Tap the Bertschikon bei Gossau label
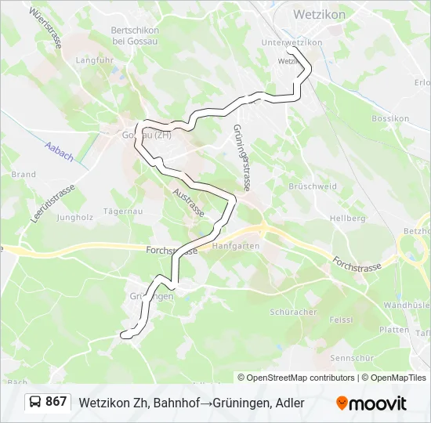pyautogui.click(x=136, y=35)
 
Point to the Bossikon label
pyautogui.click(x=391, y=118)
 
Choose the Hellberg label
pyautogui.click(x=347, y=218)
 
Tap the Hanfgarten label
pyautogui.click(x=241, y=245)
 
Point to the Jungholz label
pyautogui.click(x=75, y=217)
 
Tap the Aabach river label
pyautogui.click(x=60, y=151)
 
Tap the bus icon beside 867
pyautogui.click(x=36, y=402)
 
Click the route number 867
pyautogui.click(x=56, y=402)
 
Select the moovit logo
pyautogui.click(x=371, y=403)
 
